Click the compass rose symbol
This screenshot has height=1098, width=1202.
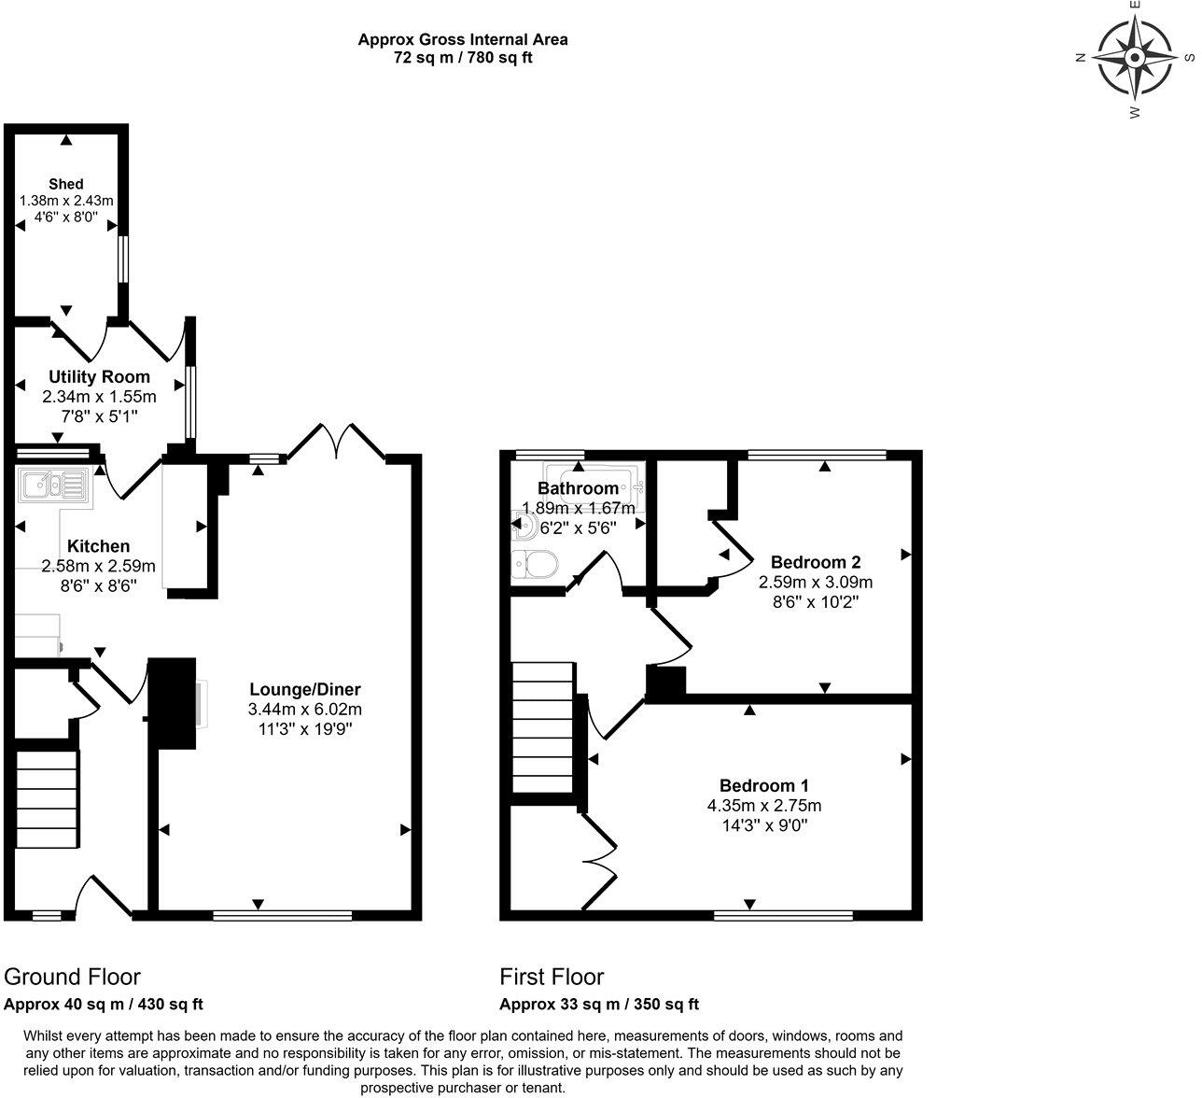(x=1134, y=58)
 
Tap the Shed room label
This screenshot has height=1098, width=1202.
(x=66, y=184)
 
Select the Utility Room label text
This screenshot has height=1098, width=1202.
(x=99, y=377)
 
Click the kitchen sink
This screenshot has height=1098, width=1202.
(x=53, y=485)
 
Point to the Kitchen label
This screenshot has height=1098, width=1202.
(x=98, y=546)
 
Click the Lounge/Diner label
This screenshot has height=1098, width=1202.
(x=305, y=690)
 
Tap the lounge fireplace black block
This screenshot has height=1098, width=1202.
(x=173, y=703)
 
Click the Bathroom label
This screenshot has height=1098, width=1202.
(x=578, y=488)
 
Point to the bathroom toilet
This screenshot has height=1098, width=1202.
(x=535, y=564)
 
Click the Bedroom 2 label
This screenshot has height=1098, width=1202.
(x=815, y=562)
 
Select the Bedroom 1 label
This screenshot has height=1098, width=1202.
(x=763, y=785)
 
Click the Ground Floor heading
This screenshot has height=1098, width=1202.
(x=72, y=977)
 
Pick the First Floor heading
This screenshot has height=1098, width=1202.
(x=552, y=977)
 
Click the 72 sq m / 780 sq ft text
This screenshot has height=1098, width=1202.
(x=463, y=58)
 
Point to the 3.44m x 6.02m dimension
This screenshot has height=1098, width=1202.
(x=305, y=710)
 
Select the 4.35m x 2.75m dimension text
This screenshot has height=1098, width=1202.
(x=763, y=806)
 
